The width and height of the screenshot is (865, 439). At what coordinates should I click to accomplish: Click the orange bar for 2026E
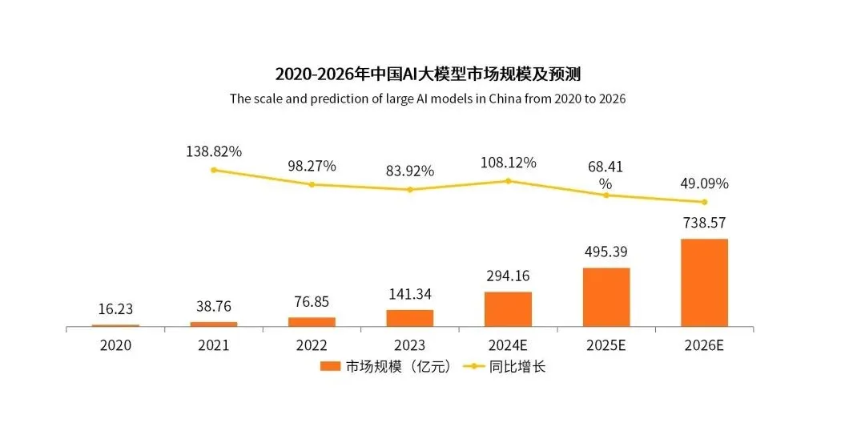[704, 283]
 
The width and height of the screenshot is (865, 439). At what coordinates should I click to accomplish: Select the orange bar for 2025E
[606, 297]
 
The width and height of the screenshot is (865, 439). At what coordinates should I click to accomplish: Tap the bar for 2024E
[508, 309]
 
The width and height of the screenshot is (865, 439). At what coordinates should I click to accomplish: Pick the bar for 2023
[410, 318]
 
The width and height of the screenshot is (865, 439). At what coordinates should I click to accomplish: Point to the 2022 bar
[312, 322]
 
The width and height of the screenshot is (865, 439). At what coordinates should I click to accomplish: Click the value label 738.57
[704, 222]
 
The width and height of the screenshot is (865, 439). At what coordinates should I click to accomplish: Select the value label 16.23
[115, 308]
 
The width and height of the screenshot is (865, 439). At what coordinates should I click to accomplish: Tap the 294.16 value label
[508, 276]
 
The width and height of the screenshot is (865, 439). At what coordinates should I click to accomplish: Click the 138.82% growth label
[213, 151]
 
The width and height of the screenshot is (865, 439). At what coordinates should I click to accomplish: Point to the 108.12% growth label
[508, 163]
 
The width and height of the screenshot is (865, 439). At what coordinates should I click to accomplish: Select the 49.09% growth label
[704, 183]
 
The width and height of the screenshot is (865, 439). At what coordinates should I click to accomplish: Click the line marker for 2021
[214, 170]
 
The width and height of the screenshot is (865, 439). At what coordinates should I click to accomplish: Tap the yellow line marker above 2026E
[705, 202]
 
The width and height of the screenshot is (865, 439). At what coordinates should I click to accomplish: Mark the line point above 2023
[410, 190]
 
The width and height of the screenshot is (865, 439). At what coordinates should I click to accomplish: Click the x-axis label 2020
[115, 345]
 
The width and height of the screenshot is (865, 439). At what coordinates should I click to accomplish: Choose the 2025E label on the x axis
[606, 345]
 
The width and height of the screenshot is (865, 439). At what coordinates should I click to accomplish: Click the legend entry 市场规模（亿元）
[385, 367]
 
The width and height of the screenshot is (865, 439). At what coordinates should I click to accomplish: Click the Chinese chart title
[428, 75]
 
